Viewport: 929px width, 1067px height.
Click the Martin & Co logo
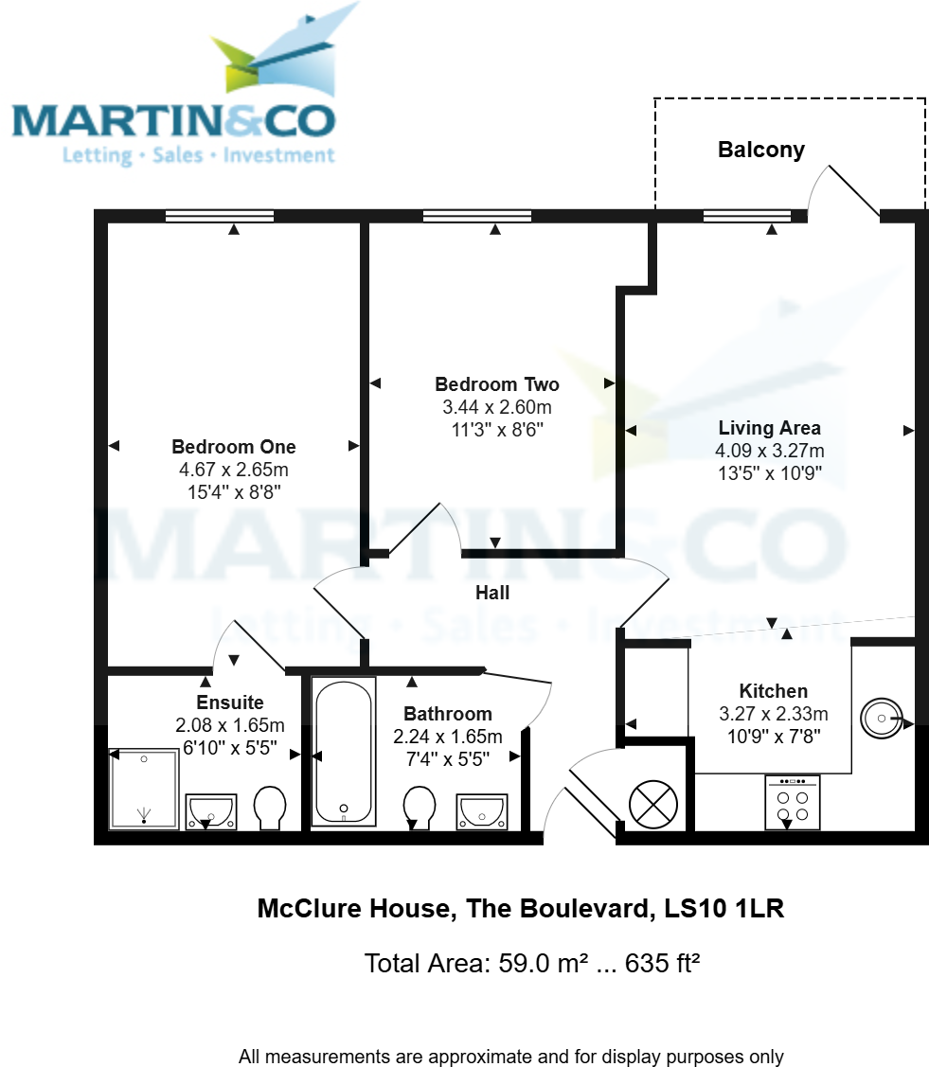click(174, 90)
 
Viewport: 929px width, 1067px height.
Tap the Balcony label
click(760, 150)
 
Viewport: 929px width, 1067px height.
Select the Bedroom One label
click(233, 447)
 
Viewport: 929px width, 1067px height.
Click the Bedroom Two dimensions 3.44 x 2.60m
click(496, 407)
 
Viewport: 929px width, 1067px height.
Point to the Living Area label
click(769, 428)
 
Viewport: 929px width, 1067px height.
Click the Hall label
click(492, 593)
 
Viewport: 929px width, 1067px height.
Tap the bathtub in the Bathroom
click(344, 751)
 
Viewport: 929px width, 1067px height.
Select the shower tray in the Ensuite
click(145, 789)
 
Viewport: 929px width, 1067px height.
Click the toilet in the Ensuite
click(270, 809)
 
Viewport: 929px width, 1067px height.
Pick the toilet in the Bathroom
click(419, 808)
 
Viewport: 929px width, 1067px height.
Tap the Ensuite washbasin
click(210, 810)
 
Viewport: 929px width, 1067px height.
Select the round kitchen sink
click(882, 720)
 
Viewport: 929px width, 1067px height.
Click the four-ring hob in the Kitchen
click(792, 802)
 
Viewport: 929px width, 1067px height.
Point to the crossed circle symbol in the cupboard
click(653, 805)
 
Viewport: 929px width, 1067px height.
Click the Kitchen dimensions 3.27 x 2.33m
click(773, 714)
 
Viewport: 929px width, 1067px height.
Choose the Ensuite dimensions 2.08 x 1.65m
click(229, 725)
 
